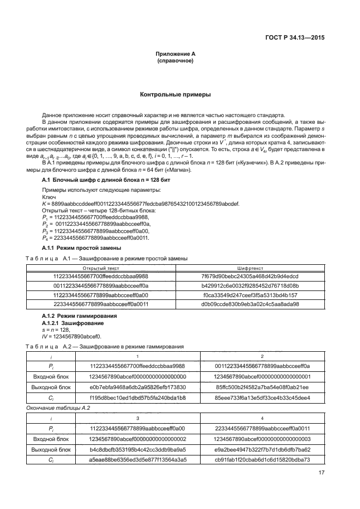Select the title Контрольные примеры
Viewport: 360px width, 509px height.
175,95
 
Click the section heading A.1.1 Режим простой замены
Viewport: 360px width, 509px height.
78,247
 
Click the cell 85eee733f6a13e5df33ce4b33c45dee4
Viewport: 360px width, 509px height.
262,397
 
